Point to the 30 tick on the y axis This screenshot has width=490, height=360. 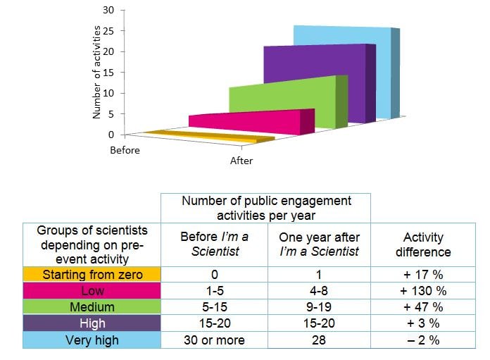coord(108,11)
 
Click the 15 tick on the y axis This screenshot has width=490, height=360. coord(108,72)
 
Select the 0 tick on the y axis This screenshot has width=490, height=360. coord(111,134)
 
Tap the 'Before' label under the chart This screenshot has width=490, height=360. coord(125,150)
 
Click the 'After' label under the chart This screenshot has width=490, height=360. coord(241,161)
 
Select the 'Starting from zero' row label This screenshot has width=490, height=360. coord(92,274)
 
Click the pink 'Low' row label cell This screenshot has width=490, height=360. coord(92,290)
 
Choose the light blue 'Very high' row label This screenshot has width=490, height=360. coord(92,340)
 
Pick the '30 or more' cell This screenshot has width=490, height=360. coord(215,340)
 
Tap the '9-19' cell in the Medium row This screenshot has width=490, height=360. coord(319,307)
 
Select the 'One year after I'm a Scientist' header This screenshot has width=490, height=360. coord(319,244)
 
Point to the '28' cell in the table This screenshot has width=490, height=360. coord(319,340)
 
